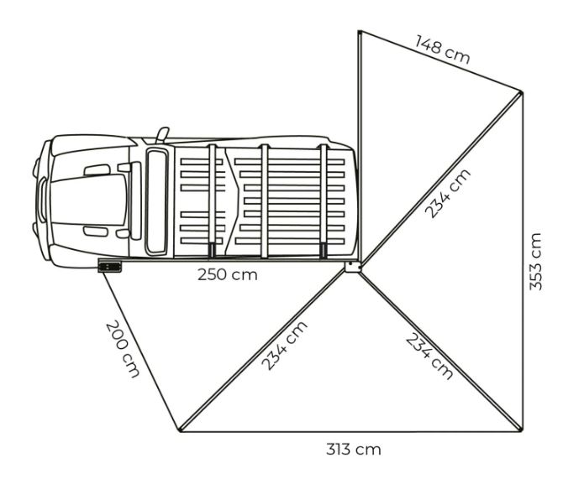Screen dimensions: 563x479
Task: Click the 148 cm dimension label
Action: coord(442,49)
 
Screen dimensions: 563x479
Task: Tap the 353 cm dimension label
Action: coord(535,262)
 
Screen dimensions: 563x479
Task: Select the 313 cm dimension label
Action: coord(353,450)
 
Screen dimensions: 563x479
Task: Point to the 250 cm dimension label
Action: coord(228,275)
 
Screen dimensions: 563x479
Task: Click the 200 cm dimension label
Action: coord(122,349)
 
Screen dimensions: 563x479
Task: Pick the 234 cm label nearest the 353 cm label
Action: coord(447,193)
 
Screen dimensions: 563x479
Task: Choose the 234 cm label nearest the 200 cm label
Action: coord(284,346)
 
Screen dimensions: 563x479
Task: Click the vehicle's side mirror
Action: coord(162,134)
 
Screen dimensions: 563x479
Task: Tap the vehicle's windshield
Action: coord(157,202)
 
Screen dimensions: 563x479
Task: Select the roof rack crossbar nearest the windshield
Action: coord(212,200)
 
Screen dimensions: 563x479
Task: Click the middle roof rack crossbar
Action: coord(265,200)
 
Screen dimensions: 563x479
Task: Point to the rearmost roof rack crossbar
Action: coord(324,200)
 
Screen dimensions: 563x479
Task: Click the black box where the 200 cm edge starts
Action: coord(110,267)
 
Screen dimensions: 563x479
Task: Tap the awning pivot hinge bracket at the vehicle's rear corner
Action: coord(353,267)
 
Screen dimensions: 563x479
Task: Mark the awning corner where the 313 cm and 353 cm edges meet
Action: coord(521,430)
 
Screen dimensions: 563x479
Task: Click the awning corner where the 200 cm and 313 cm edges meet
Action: coord(180,430)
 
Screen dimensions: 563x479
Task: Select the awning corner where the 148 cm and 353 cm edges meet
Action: coord(521,91)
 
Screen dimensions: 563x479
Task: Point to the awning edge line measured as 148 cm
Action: coord(440,61)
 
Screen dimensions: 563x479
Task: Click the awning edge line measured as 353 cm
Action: coord(523,261)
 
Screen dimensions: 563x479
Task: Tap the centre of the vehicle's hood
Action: coord(89,200)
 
